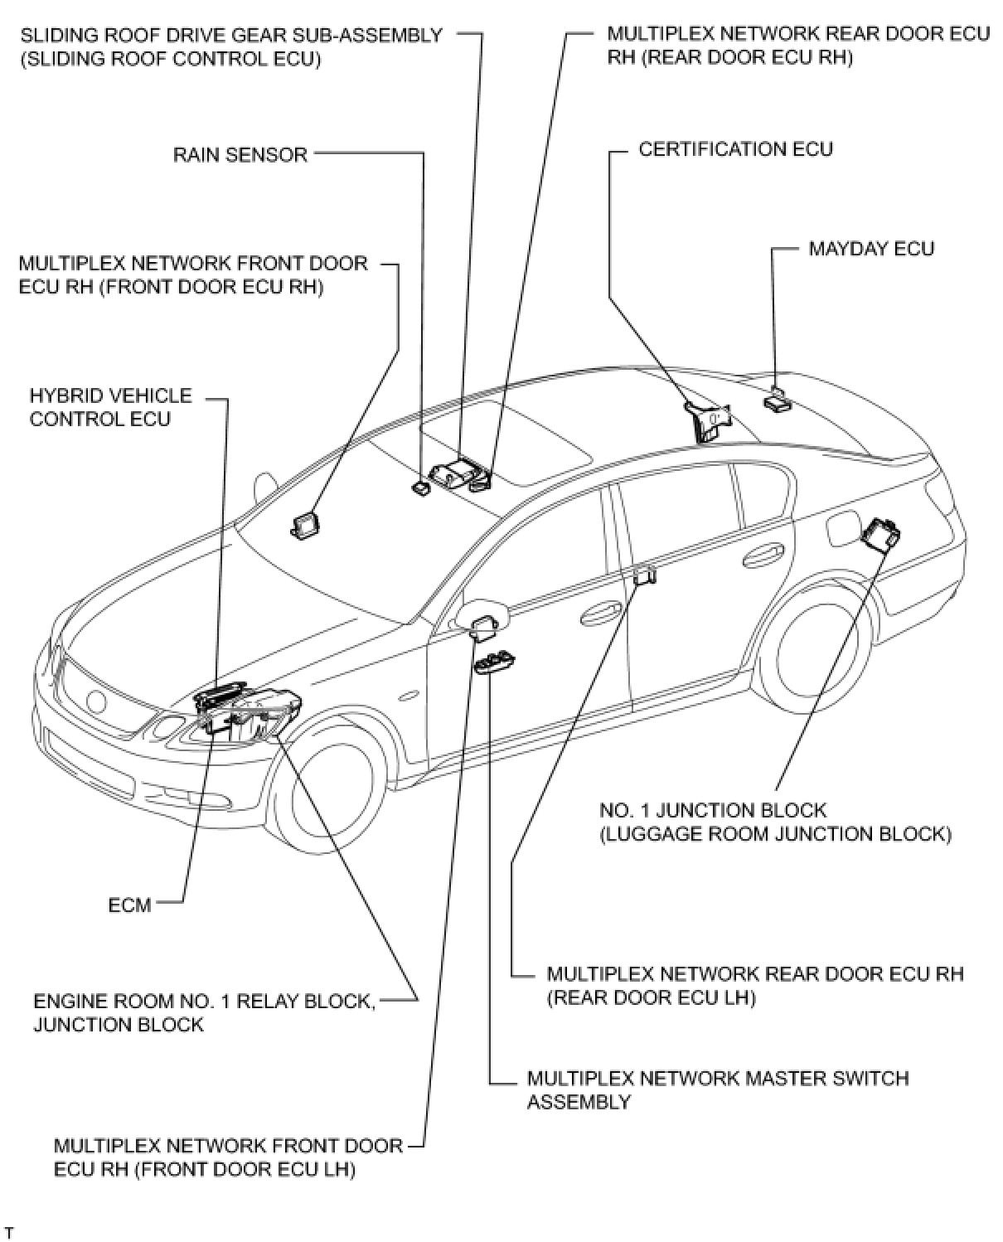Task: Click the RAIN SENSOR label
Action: coord(240,154)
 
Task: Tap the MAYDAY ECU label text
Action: coord(870,249)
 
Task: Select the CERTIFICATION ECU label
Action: coord(735,149)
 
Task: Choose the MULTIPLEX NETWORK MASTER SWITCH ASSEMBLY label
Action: coord(717,1089)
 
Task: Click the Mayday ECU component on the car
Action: coord(776,400)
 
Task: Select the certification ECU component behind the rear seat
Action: coord(707,419)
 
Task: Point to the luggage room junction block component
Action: coord(879,533)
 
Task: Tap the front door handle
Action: coord(601,613)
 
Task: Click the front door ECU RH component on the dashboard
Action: coord(305,524)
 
